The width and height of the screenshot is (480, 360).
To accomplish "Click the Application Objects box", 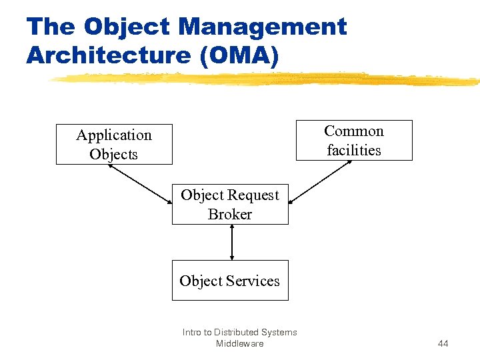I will (x=114, y=144).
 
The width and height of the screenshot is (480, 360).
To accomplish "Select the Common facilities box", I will (x=354, y=140).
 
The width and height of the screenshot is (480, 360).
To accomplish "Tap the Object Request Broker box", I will (x=230, y=204).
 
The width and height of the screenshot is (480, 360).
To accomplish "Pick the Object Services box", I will (x=230, y=280).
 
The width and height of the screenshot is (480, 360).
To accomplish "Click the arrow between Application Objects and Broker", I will (x=140, y=183).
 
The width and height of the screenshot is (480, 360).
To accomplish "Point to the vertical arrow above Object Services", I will (x=231, y=242).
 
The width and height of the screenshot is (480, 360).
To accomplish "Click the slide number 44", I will (x=443, y=343).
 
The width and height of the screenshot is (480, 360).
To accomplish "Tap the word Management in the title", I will (x=263, y=27).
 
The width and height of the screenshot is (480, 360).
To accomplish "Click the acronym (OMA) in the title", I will (x=239, y=55).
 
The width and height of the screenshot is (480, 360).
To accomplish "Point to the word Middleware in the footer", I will (x=239, y=343).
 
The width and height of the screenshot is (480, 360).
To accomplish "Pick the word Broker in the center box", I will (x=230, y=214).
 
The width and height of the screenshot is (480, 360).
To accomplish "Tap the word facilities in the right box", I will (x=354, y=150).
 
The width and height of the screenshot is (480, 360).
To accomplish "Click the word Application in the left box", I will (x=114, y=135).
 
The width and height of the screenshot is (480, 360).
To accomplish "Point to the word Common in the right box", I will (x=354, y=131).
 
